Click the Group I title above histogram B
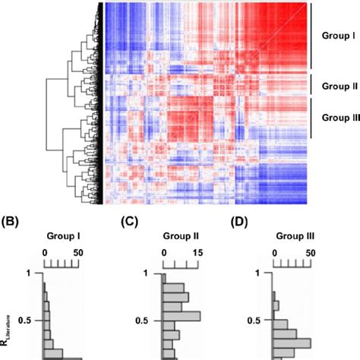[62, 235]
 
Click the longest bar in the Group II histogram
[181, 316]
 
